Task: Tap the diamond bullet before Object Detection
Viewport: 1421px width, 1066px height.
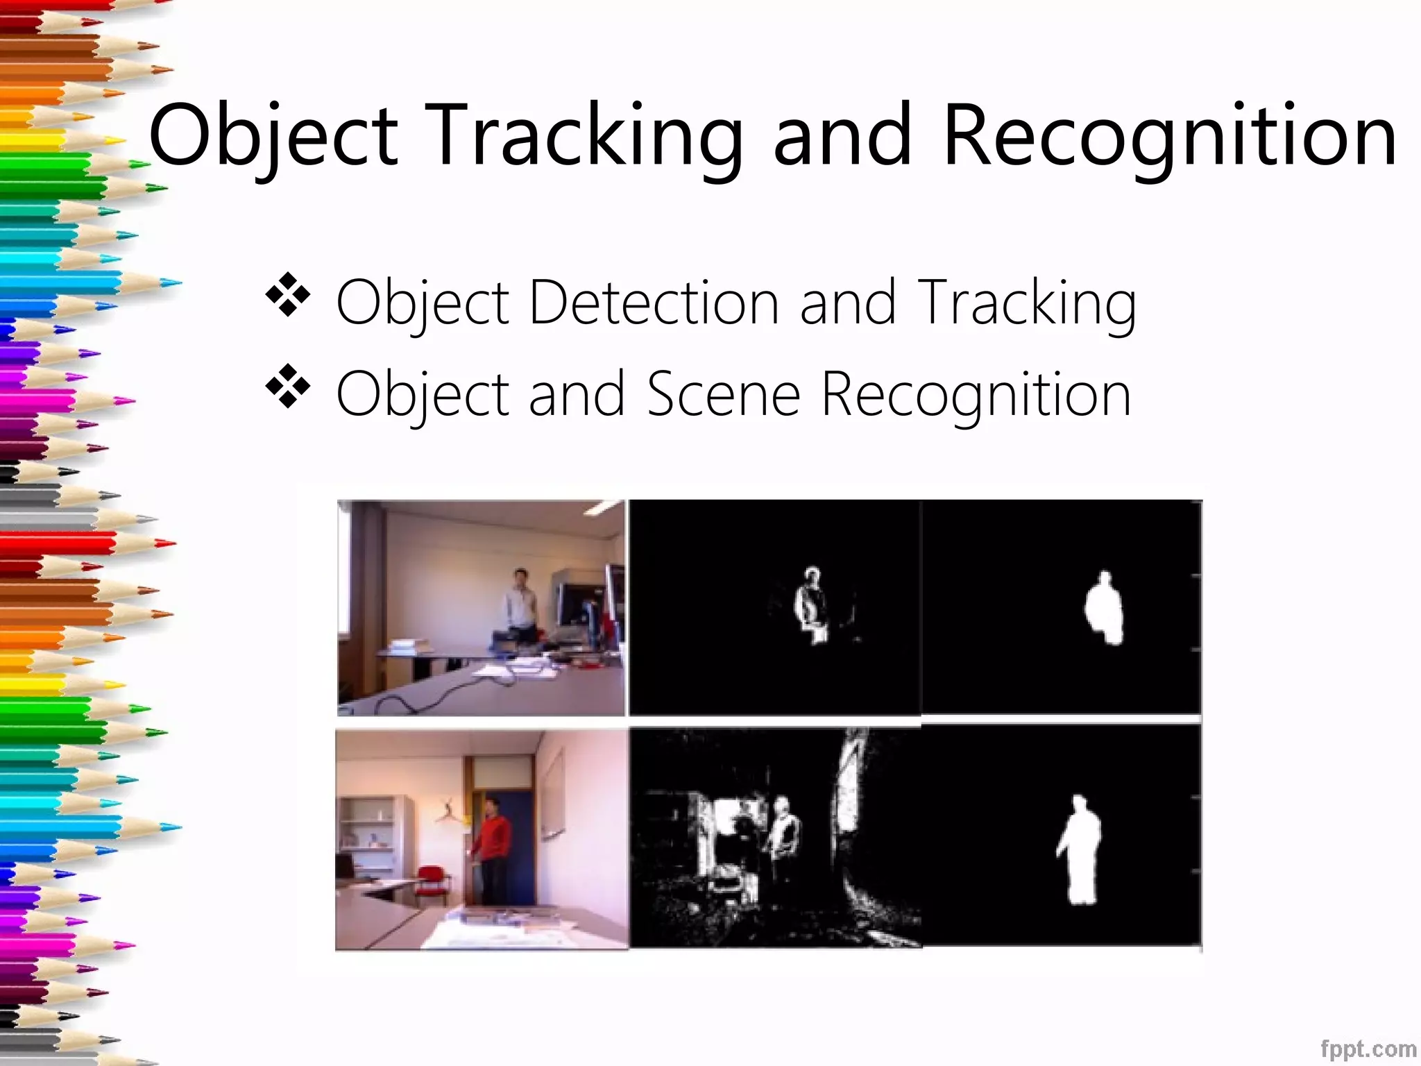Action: pyautogui.click(x=287, y=295)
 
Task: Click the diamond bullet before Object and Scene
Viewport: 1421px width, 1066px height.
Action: pyautogui.click(x=287, y=386)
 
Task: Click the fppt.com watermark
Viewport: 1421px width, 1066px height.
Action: pyautogui.click(x=1368, y=1048)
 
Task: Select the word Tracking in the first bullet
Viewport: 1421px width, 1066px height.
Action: pyautogui.click(x=1026, y=303)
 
